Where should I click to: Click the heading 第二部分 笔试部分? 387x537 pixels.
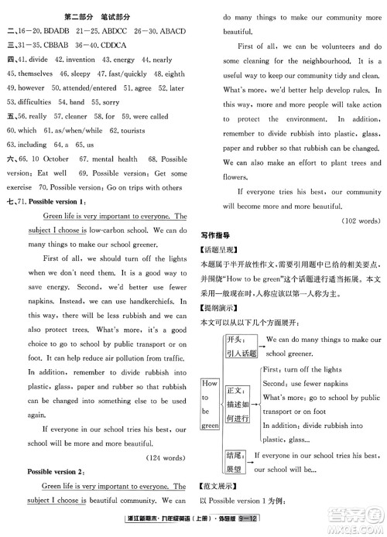click(97, 10)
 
